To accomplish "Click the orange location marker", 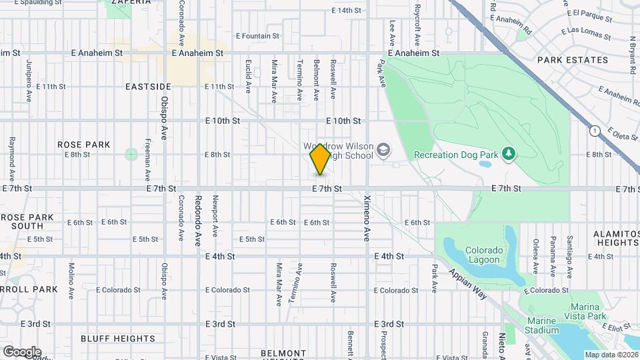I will pyautogui.click(x=320, y=159).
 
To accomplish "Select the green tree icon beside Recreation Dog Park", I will pyautogui.click(x=509, y=155).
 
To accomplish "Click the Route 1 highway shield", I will pyautogui.click(x=594, y=131).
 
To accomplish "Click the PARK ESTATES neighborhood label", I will pyautogui.click(x=573, y=60).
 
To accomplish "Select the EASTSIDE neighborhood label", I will pyautogui.click(x=148, y=87).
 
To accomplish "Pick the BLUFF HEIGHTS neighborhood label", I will pyautogui.click(x=118, y=339).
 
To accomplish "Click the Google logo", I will pyautogui.click(x=22, y=351).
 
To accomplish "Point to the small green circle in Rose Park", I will pyautogui.click(x=131, y=155).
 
